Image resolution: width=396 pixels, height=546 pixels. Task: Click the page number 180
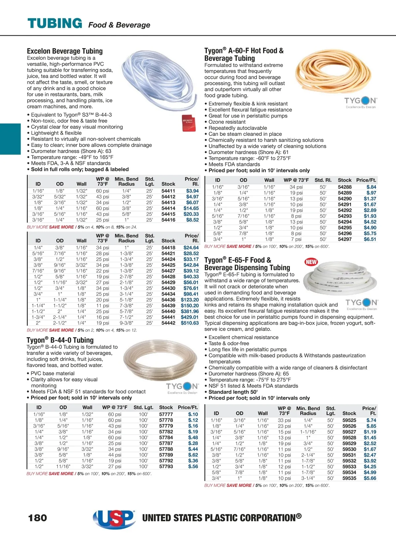tap(38, 518)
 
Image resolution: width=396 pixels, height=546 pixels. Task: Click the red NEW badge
tap(311, 262)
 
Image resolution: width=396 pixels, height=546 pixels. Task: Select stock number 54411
tap(168, 191)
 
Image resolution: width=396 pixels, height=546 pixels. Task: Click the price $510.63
tap(190, 323)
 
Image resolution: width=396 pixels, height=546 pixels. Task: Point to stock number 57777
tap(166, 414)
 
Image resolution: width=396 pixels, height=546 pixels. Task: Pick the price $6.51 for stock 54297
tap(370, 239)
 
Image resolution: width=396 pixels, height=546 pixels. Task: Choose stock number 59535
tap(349, 478)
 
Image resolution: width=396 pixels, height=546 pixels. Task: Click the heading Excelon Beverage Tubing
tap(65, 51)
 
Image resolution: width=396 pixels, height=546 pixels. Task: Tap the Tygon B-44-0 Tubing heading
tap(60, 340)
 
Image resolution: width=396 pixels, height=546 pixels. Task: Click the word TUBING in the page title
tap(55, 23)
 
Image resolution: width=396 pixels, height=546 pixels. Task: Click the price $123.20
tap(190, 300)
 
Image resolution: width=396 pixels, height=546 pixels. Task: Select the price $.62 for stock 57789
tap(193, 455)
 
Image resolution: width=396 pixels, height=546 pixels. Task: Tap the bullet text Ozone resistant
tap(227, 122)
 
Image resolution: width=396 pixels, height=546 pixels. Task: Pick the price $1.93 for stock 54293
tap(370, 216)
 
